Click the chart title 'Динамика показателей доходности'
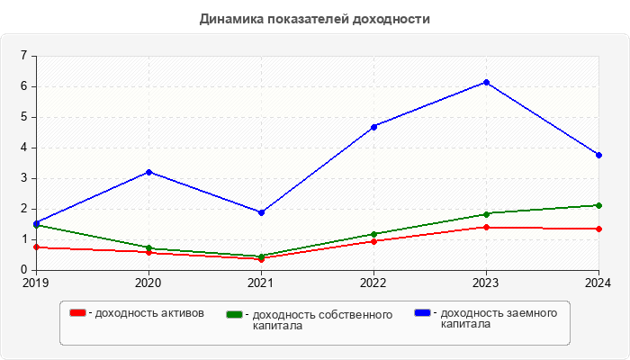(x=314, y=19)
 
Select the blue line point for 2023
(x=487, y=82)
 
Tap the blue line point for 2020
(x=148, y=172)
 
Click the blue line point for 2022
(x=373, y=127)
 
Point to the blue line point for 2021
(x=261, y=212)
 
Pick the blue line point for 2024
(x=598, y=155)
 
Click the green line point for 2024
(x=598, y=205)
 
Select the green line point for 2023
(x=487, y=214)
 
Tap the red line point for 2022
(x=373, y=241)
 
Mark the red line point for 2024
(x=598, y=229)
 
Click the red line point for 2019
(x=36, y=247)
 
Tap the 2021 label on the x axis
(x=261, y=283)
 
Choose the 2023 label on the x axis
(x=487, y=283)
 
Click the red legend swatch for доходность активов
(x=78, y=313)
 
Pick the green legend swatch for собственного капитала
(x=235, y=315)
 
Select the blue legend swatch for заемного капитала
(x=422, y=312)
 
